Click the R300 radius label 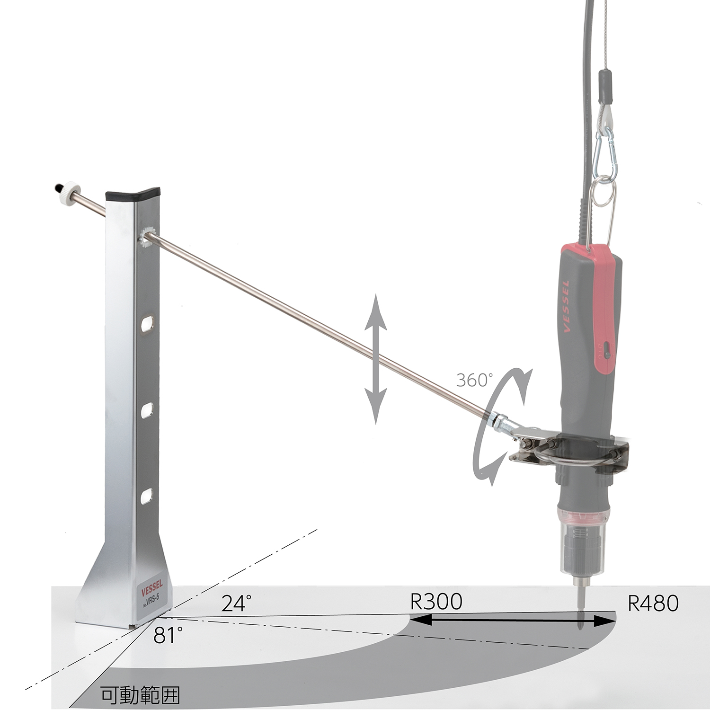(436, 602)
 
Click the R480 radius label (653, 603)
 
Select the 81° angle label (168, 636)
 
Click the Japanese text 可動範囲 (141, 695)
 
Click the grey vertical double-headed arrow (375, 359)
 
